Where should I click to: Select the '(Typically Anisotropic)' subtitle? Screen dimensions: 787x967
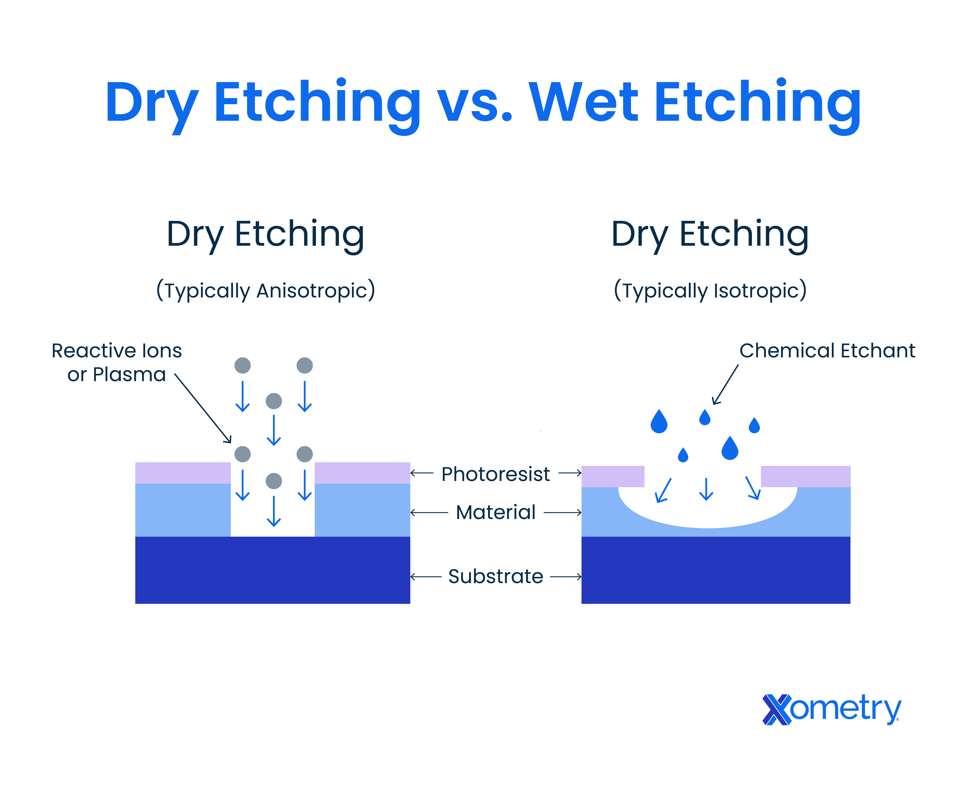pos(266,290)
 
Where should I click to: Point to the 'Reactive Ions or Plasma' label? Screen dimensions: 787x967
pos(117,362)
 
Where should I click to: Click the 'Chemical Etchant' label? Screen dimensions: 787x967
pos(827,351)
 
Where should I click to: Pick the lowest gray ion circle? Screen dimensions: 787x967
pos(274,481)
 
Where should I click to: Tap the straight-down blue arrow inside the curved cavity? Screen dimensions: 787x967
pos(706,490)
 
